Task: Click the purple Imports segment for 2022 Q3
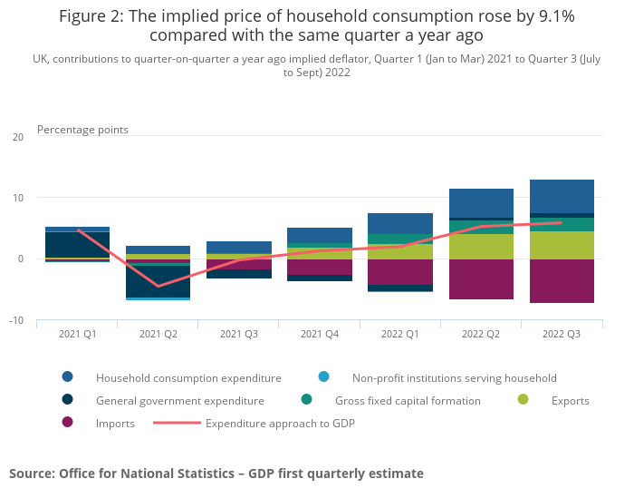[x=562, y=281]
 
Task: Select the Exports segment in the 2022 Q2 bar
[x=481, y=247]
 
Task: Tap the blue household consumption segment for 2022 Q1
[x=400, y=223]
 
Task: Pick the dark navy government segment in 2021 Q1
[x=77, y=245]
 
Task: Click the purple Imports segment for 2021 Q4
[x=320, y=267]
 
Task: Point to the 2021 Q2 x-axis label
[x=158, y=334]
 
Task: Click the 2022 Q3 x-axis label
[x=562, y=334]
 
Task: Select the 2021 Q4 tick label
[x=320, y=334]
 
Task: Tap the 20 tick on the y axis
[x=18, y=137]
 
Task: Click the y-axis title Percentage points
[x=82, y=130]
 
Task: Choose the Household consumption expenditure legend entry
[x=188, y=377]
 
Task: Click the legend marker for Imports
[x=68, y=423]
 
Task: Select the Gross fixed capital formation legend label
[x=408, y=400]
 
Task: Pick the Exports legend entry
[x=570, y=400]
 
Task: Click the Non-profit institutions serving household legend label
[x=454, y=377]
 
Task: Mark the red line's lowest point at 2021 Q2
[x=158, y=287]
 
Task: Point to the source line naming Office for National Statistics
[x=216, y=474]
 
